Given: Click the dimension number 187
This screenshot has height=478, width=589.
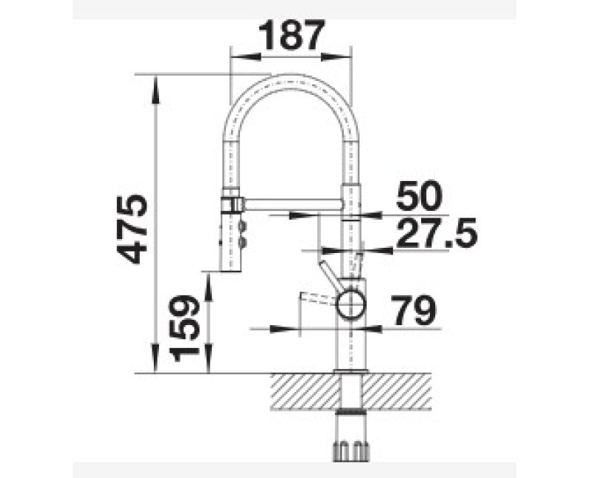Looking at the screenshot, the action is (291, 35).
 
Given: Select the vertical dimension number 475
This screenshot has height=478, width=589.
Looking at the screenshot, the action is (132, 229).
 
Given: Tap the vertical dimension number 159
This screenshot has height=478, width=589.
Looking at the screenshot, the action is (183, 328).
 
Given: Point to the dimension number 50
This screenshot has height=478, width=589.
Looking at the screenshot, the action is (419, 196).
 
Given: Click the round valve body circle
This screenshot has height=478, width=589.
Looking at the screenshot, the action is (350, 304).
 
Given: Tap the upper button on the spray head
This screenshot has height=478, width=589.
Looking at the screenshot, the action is (241, 226).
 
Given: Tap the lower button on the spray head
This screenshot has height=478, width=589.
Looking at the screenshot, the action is (241, 242).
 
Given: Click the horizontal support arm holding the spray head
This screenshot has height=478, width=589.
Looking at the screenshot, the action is (293, 204).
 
